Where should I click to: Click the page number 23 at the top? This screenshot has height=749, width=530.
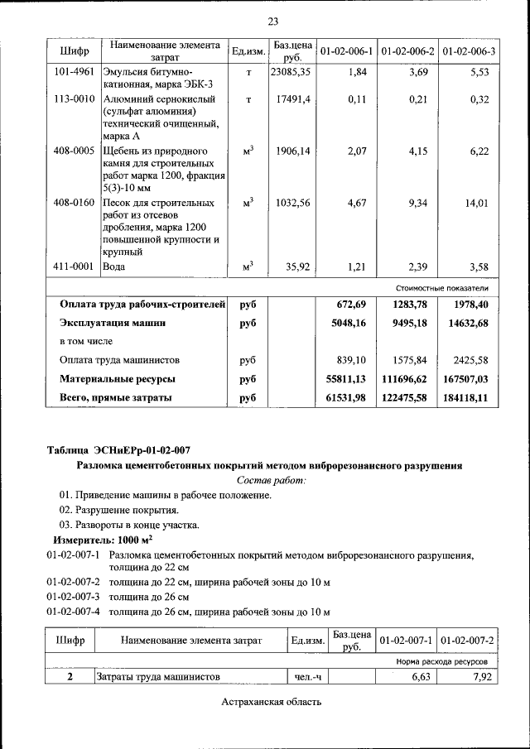click(272, 22)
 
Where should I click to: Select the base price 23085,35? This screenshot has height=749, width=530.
click(291, 72)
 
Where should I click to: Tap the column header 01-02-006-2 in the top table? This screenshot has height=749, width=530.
click(407, 51)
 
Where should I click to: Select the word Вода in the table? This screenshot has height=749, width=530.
click(113, 266)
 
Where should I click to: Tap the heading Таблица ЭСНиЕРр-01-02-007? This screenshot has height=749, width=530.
click(118, 450)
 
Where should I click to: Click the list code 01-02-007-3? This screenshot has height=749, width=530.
click(73, 597)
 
